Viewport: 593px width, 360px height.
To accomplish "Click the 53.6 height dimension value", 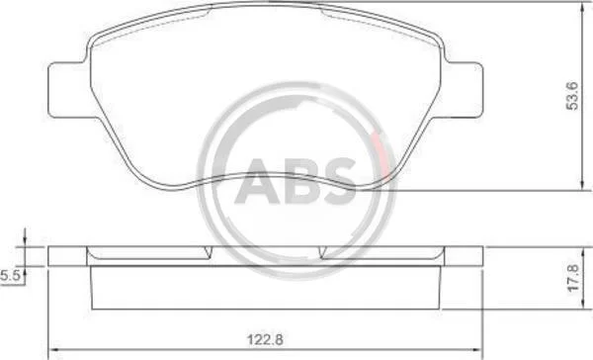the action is [573, 96].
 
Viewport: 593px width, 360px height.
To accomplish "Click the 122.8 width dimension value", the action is [265, 339].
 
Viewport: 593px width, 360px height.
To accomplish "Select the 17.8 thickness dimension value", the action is [573, 278].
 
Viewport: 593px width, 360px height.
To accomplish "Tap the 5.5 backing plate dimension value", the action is [10, 276].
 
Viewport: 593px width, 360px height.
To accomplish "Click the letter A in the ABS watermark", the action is [259, 181].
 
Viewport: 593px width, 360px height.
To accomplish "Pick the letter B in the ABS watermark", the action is [302, 181].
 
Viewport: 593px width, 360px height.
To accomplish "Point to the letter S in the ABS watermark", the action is [338, 181].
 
